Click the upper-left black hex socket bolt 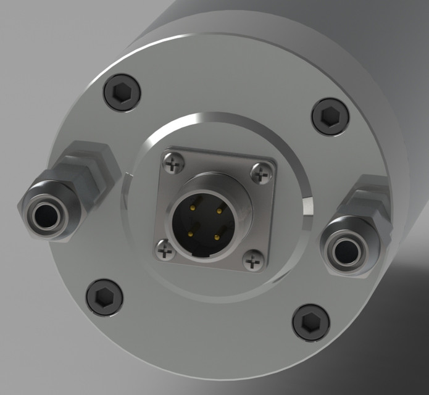tap(122, 93)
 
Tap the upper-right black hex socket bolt tap(330, 115)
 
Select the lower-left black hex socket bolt tap(104, 296)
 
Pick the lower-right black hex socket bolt tap(310, 322)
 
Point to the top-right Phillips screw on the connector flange tap(262, 175)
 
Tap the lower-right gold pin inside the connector tap(216, 238)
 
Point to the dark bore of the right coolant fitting tap(345, 250)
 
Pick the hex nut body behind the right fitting tap(369, 204)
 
